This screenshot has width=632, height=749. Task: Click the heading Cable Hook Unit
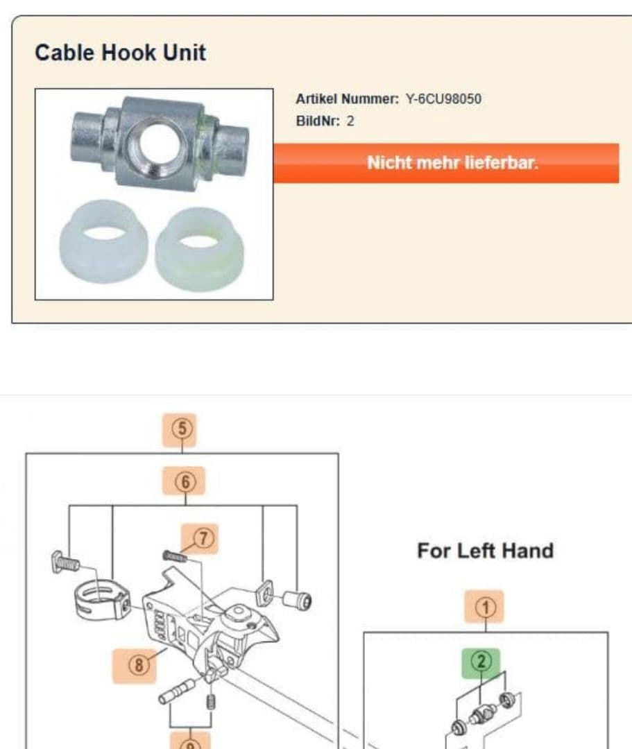pyautogui.click(x=121, y=53)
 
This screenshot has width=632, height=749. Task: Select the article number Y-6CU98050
pyautogui.click(x=443, y=99)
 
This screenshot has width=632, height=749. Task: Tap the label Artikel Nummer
pyautogui.click(x=347, y=99)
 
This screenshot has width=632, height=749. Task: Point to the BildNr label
pyautogui.click(x=318, y=121)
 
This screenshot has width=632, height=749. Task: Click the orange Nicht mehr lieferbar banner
pyautogui.click(x=446, y=163)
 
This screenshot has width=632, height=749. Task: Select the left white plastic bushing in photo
pyautogui.click(x=103, y=241)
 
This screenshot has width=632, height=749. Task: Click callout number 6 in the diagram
pyautogui.click(x=184, y=481)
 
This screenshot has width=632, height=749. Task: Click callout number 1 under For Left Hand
pyautogui.click(x=484, y=607)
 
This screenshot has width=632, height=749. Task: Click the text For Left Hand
pyautogui.click(x=486, y=551)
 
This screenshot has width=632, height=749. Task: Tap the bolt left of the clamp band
pyautogui.click(x=65, y=562)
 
